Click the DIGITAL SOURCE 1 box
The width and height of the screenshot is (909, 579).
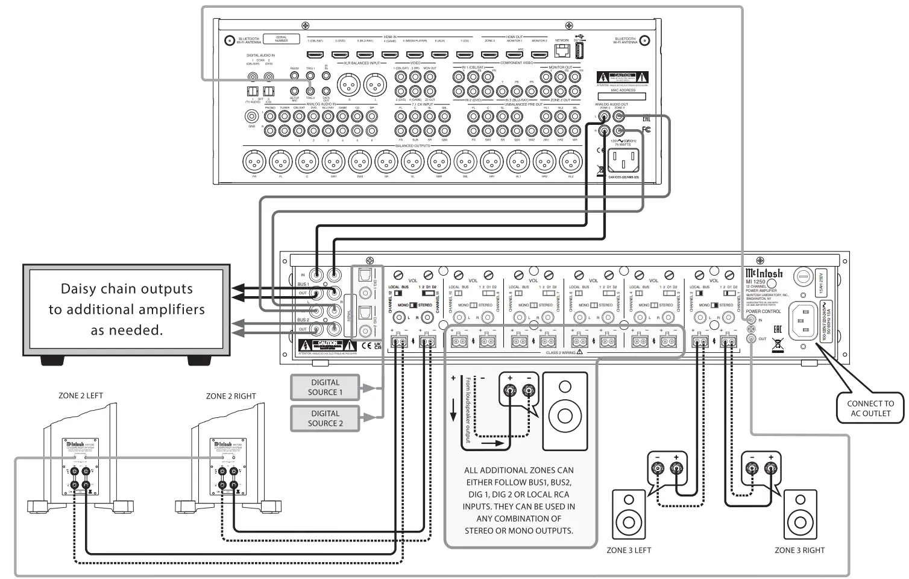(x=325, y=387)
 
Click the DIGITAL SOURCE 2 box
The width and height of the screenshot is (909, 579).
(x=325, y=418)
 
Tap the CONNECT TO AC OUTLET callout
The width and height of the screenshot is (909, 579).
(x=870, y=408)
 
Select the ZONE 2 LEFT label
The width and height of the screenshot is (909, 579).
(x=81, y=396)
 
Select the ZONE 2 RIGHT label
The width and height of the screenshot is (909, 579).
(x=231, y=396)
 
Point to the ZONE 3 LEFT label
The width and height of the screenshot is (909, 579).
(x=629, y=550)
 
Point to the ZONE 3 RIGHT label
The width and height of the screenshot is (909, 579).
(x=799, y=550)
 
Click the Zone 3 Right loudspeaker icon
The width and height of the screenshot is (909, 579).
(x=800, y=516)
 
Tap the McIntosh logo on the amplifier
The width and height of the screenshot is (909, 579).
(x=764, y=273)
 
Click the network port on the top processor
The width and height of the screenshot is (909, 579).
(x=562, y=51)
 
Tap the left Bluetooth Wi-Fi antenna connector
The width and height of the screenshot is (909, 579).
(x=229, y=41)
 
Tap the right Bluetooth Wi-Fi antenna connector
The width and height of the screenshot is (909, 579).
(x=645, y=41)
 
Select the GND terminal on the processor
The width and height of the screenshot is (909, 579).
(x=252, y=118)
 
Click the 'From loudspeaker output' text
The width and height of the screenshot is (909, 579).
(x=468, y=410)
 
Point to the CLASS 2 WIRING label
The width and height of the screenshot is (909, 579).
(x=561, y=353)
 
